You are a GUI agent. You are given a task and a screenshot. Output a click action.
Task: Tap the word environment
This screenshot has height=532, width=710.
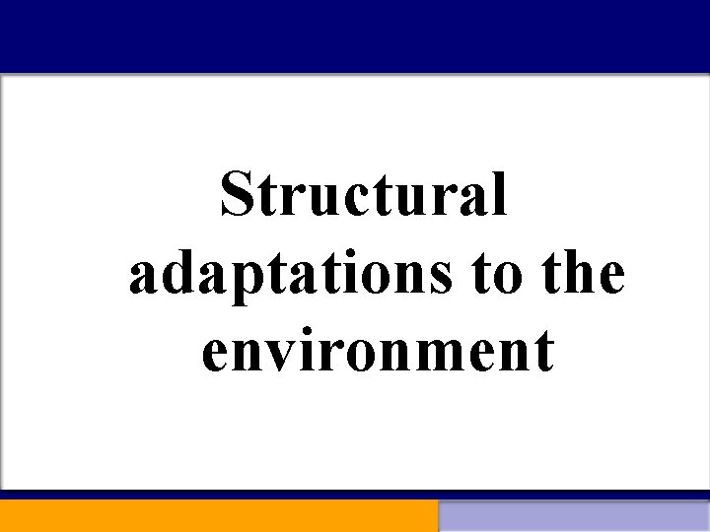(x=377, y=353)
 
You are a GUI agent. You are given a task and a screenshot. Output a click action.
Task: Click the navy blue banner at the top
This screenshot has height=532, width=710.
(x=355, y=35)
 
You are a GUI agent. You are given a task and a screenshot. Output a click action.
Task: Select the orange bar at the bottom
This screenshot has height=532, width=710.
(x=218, y=515)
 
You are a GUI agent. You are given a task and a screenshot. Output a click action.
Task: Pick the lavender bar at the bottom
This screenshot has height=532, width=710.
(x=574, y=515)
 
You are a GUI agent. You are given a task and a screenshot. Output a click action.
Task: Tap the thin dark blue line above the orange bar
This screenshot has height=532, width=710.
(x=355, y=494)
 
